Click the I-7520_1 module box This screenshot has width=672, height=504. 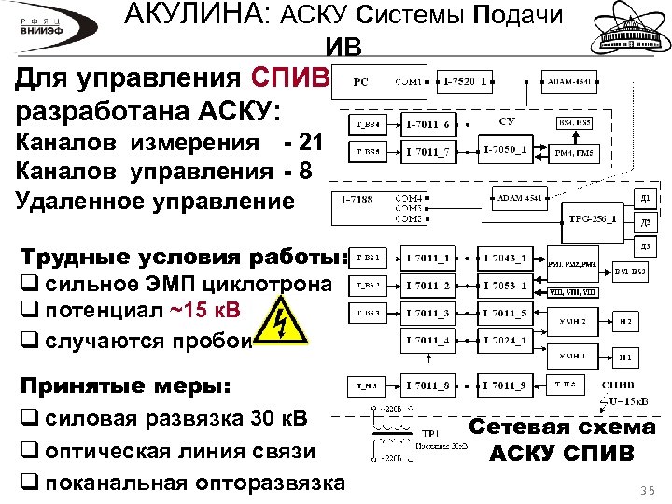click(468, 82)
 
